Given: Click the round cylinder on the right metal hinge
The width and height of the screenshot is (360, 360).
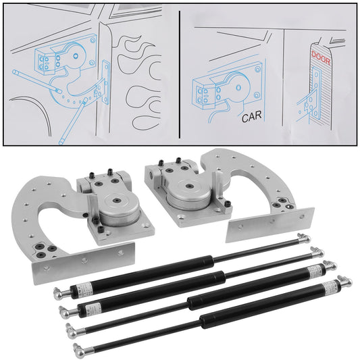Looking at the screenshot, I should (186, 190).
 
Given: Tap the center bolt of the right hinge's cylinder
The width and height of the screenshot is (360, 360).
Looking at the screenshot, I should (186, 182).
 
